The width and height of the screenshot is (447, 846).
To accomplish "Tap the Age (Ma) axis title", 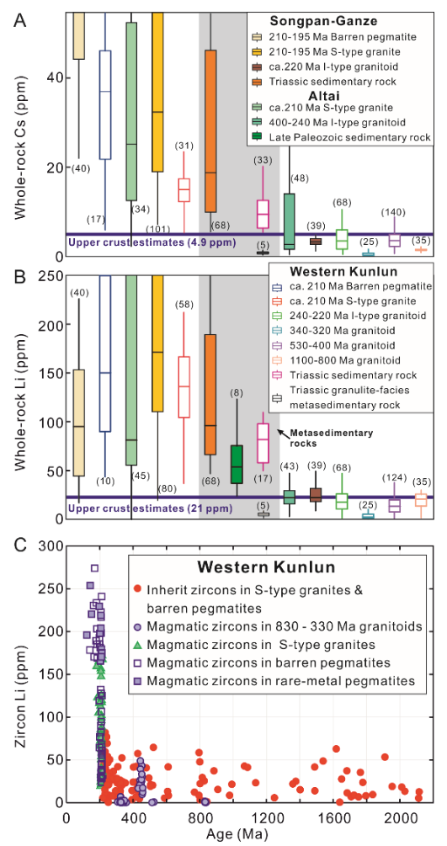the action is click(247, 833).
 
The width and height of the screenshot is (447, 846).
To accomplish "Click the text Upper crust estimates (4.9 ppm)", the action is click(152, 242).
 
